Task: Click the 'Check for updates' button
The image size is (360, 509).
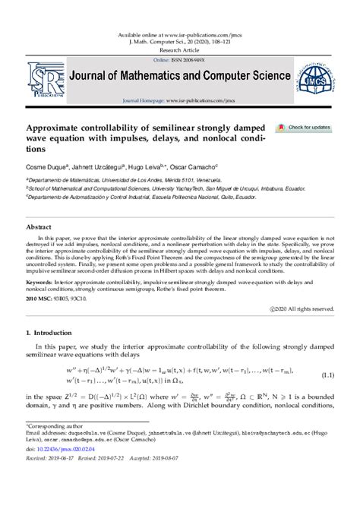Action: tap(304, 128)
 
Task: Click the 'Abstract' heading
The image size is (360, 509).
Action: tap(39, 226)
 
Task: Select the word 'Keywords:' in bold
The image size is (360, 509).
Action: tap(43, 282)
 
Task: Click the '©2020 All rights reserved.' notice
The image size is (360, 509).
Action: tap(302, 309)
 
